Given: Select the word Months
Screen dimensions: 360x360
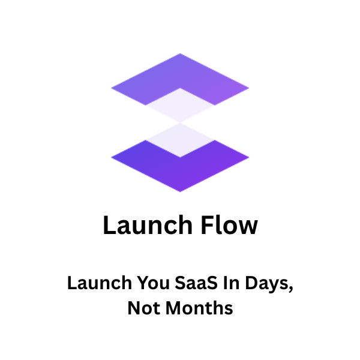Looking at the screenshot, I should tap(199, 309).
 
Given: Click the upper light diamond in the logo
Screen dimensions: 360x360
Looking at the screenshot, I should tap(180, 104).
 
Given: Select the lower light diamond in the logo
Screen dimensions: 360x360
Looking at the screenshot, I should tap(180, 139).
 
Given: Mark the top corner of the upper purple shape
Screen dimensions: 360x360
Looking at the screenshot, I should tap(180, 55).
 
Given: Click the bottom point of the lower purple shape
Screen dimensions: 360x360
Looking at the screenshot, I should tap(180, 191).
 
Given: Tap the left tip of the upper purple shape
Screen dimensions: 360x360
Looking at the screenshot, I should tap(112, 89).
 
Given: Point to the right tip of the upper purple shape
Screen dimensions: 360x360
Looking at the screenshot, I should tap(248, 89).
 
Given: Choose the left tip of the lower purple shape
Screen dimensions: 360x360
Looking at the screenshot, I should tap(112, 157).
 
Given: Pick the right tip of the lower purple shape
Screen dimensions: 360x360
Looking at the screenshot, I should tap(248, 157).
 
